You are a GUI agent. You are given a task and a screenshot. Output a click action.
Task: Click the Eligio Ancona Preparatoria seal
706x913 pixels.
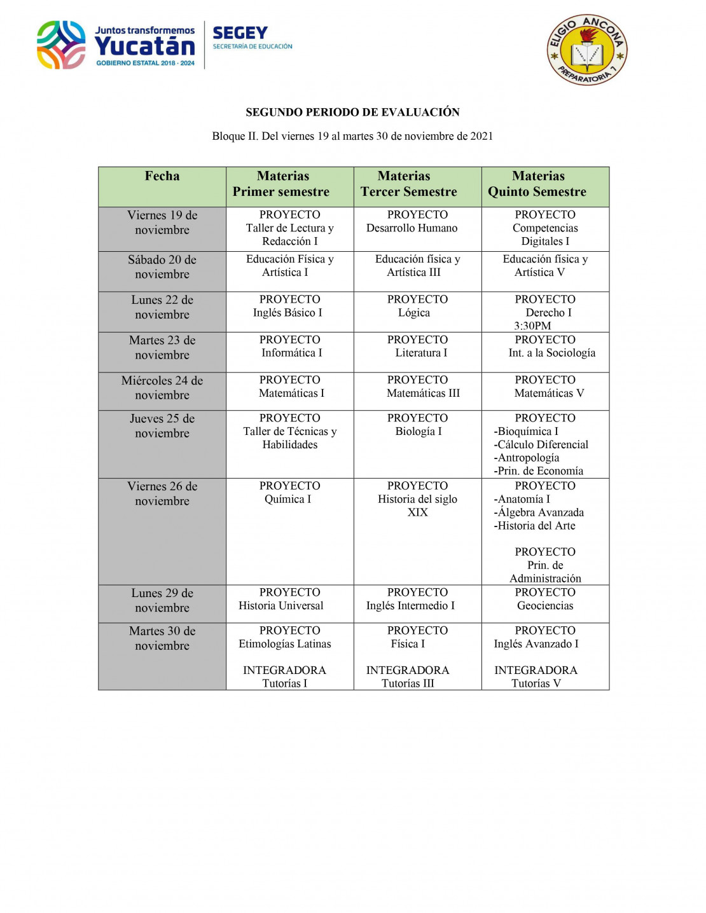587,50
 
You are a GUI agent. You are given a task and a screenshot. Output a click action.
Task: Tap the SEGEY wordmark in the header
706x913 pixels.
240,33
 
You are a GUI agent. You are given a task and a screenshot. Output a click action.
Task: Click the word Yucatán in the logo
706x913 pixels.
145,46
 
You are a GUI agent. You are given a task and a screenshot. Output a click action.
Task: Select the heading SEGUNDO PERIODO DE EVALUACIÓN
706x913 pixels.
352,113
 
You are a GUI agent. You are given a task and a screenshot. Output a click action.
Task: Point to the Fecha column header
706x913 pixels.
162,176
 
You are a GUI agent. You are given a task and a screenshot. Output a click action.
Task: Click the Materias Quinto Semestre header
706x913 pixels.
538,184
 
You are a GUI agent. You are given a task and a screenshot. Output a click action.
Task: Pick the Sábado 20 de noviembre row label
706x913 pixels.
162,267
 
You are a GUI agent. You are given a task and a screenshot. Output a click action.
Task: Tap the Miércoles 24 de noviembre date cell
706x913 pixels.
162,388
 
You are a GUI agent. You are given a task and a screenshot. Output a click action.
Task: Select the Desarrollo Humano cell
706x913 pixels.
412,228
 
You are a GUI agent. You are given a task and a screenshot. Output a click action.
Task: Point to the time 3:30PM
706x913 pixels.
532,326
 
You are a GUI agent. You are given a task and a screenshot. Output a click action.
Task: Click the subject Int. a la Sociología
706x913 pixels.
551,353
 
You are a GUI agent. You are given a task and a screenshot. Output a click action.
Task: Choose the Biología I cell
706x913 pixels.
418,431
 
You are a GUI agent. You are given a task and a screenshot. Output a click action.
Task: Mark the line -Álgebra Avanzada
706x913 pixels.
540,512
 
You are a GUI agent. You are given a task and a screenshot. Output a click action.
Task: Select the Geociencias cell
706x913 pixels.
545,606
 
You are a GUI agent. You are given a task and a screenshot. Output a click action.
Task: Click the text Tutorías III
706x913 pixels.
408,683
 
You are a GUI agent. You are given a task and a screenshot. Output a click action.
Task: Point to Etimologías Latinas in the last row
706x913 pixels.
285,644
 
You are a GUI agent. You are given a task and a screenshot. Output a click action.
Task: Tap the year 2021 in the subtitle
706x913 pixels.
481,136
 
